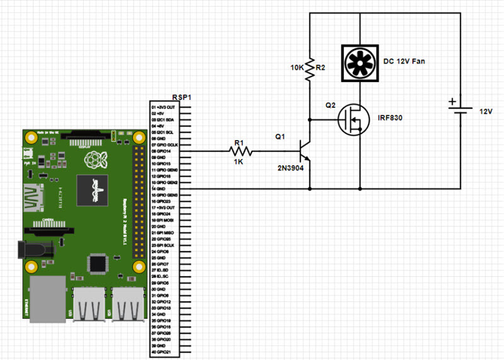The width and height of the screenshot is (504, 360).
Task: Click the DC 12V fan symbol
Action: click(x=359, y=62)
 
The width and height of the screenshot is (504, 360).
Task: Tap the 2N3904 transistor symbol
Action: click(x=306, y=151)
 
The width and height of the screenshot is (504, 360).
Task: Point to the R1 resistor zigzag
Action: click(x=241, y=151)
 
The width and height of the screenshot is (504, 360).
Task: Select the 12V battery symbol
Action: click(x=460, y=111)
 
